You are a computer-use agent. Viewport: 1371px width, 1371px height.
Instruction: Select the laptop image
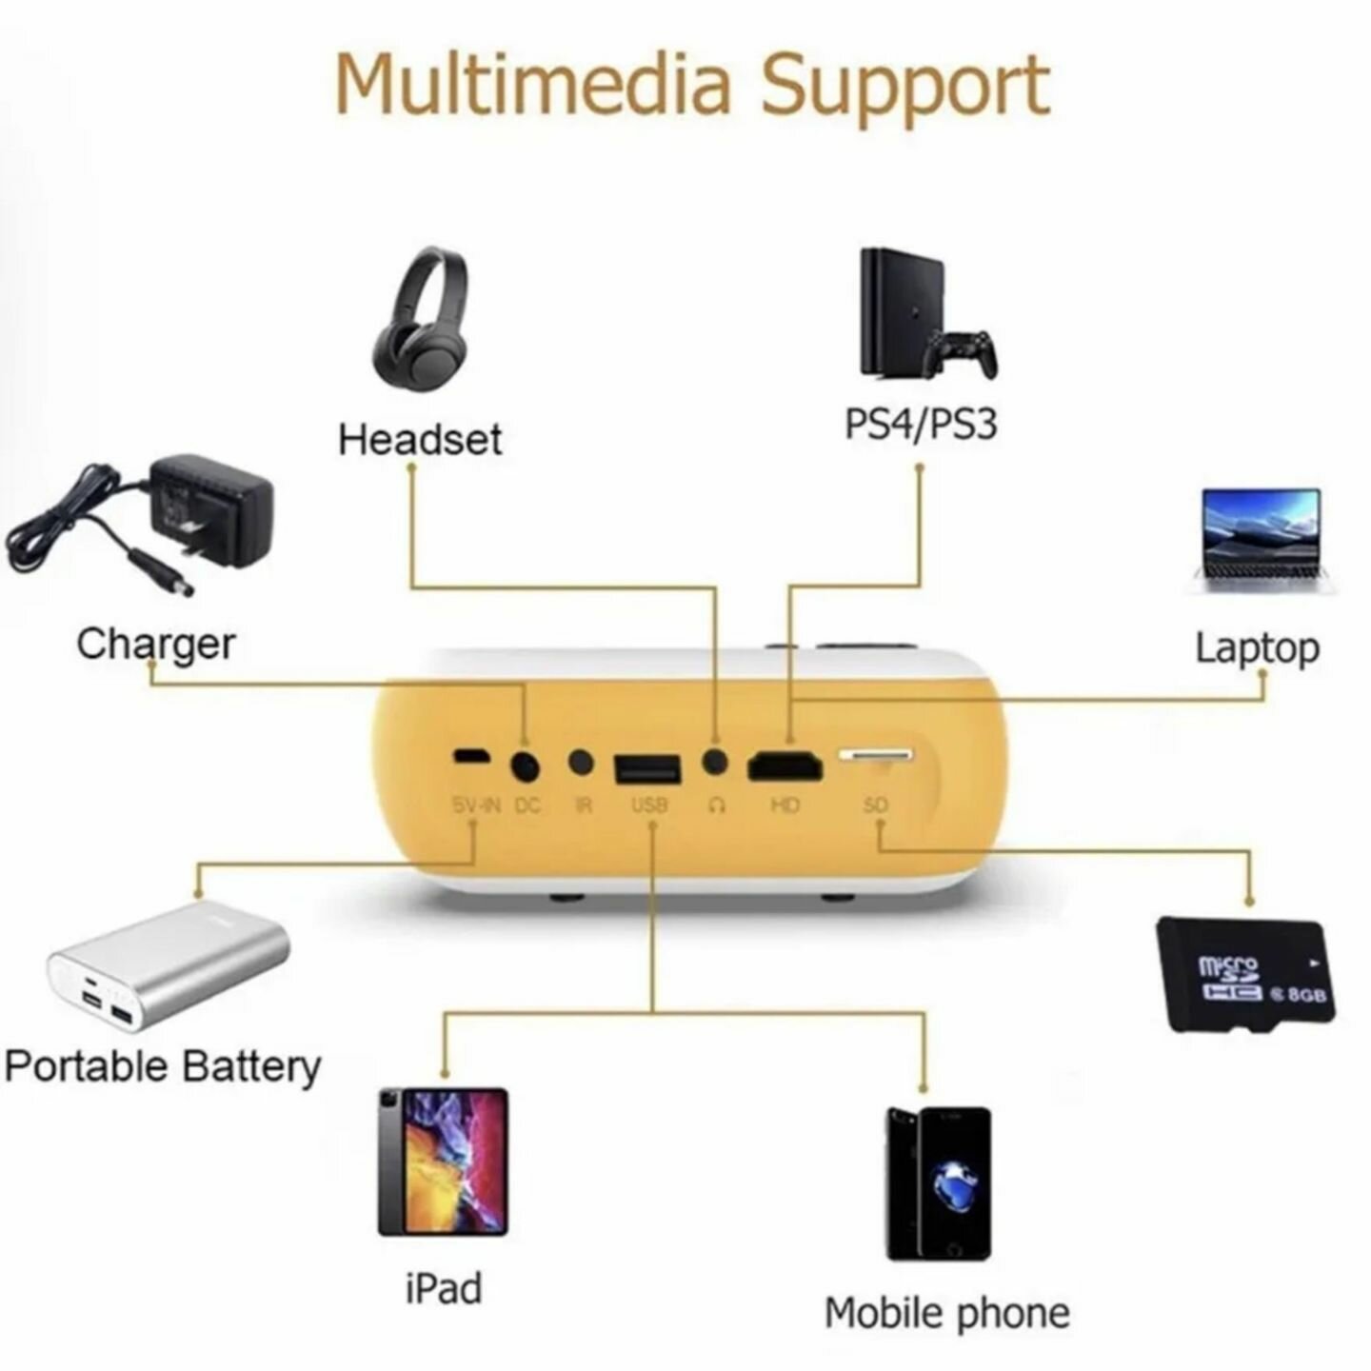1262,538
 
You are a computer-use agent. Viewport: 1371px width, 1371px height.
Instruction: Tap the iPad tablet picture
443,1162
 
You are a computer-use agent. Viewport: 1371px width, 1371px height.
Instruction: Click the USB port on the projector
648,768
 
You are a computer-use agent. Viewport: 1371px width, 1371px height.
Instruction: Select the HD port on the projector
785,765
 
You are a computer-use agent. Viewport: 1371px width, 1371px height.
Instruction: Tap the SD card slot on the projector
875,755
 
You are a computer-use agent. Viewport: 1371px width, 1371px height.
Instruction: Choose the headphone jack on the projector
715,762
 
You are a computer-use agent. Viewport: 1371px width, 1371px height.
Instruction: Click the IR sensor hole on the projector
581,762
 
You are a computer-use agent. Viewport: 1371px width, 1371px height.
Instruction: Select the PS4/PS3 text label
921,424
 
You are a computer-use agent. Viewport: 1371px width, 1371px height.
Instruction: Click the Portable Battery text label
162,1066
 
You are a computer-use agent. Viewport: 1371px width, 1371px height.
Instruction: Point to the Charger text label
155,645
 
